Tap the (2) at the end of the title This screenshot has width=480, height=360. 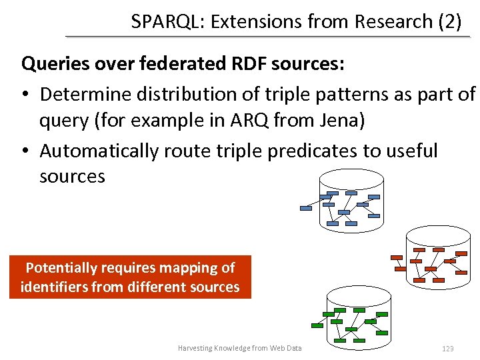tap(449, 21)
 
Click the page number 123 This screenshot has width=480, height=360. tap(447, 349)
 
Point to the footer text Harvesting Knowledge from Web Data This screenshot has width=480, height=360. tap(240, 348)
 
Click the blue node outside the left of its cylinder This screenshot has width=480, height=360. tap(306, 208)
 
